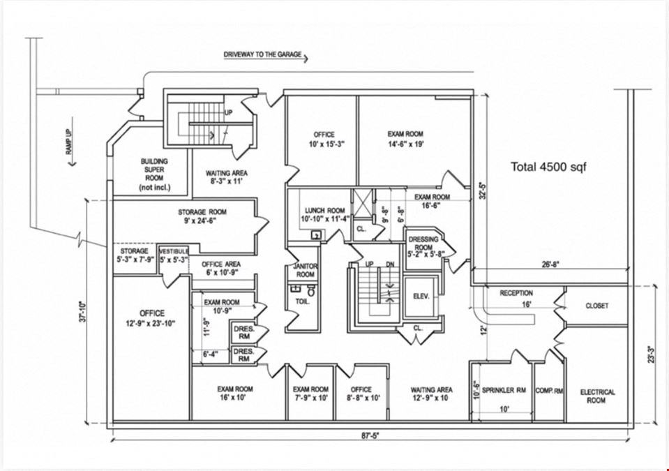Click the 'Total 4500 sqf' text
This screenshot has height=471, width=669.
tap(549, 167)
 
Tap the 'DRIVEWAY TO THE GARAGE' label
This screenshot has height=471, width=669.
tap(262, 54)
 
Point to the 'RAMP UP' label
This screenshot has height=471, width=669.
tap(69, 142)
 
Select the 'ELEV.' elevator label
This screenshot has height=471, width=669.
tap(421, 296)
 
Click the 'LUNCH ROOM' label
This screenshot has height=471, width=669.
tap(324, 210)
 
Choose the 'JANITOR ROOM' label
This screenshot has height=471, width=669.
tap(306, 270)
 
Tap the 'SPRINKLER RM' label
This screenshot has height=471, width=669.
tap(504, 390)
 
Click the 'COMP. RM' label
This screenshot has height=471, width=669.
tap(550, 390)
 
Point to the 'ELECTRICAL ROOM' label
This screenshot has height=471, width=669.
tap(597, 396)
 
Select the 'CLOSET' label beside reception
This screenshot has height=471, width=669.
tap(597, 306)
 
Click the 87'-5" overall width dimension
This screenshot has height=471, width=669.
tap(370, 435)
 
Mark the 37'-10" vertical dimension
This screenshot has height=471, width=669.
tap(83, 311)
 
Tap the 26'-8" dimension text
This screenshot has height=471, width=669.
tap(550, 264)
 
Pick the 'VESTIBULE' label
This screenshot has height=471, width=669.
tap(174, 251)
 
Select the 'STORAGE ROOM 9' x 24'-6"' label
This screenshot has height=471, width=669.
tap(202, 216)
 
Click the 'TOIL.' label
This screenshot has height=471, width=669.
tap(303, 301)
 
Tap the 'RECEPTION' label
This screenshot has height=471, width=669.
tap(516, 293)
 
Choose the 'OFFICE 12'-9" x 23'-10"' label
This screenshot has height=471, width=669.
tap(152, 318)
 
